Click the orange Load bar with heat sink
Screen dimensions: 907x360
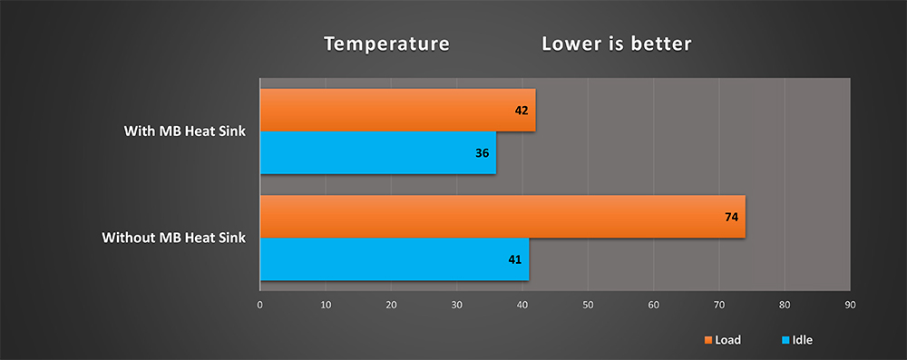[398, 110]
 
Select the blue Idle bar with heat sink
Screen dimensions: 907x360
[378, 153]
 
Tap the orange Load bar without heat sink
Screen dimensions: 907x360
[502, 217]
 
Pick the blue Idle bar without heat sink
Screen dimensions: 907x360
[395, 259]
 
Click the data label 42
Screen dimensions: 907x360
[522, 110]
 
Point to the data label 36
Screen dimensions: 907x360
[483, 153]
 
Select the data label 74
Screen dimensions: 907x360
[732, 217]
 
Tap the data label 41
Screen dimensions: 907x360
[515, 260]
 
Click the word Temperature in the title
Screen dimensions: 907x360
[386, 44]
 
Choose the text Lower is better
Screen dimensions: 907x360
[617, 44]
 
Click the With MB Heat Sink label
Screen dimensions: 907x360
[185, 131]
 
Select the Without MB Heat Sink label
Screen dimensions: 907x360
[174, 238]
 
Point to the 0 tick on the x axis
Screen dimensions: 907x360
[260, 305]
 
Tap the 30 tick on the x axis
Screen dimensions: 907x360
[456, 305]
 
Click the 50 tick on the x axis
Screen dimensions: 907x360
[588, 305]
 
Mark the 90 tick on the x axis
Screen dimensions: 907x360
[850, 305]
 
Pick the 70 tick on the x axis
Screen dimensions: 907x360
[719, 305]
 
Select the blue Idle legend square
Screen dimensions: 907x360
[785, 340]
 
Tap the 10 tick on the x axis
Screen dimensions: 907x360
[326, 305]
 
